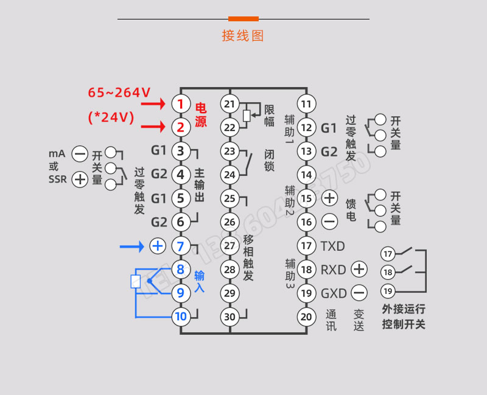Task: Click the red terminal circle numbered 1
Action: click(180, 103)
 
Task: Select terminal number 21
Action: click(229, 103)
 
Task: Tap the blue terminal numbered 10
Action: click(180, 316)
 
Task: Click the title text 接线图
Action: click(243, 35)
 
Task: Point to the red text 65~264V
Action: click(119, 93)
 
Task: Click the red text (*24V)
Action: click(111, 117)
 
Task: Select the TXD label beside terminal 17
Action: click(333, 246)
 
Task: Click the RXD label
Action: click(333, 270)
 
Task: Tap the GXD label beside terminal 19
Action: click(334, 293)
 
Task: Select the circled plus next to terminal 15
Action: click(329, 198)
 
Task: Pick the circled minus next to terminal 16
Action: click(329, 222)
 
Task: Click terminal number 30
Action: click(229, 316)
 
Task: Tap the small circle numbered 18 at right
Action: click(388, 271)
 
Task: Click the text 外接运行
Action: click(404, 309)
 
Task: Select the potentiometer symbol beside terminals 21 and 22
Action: click(246, 114)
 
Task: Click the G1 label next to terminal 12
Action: click(329, 128)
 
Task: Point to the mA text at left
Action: click(57, 153)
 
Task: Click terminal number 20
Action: click(307, 316)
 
